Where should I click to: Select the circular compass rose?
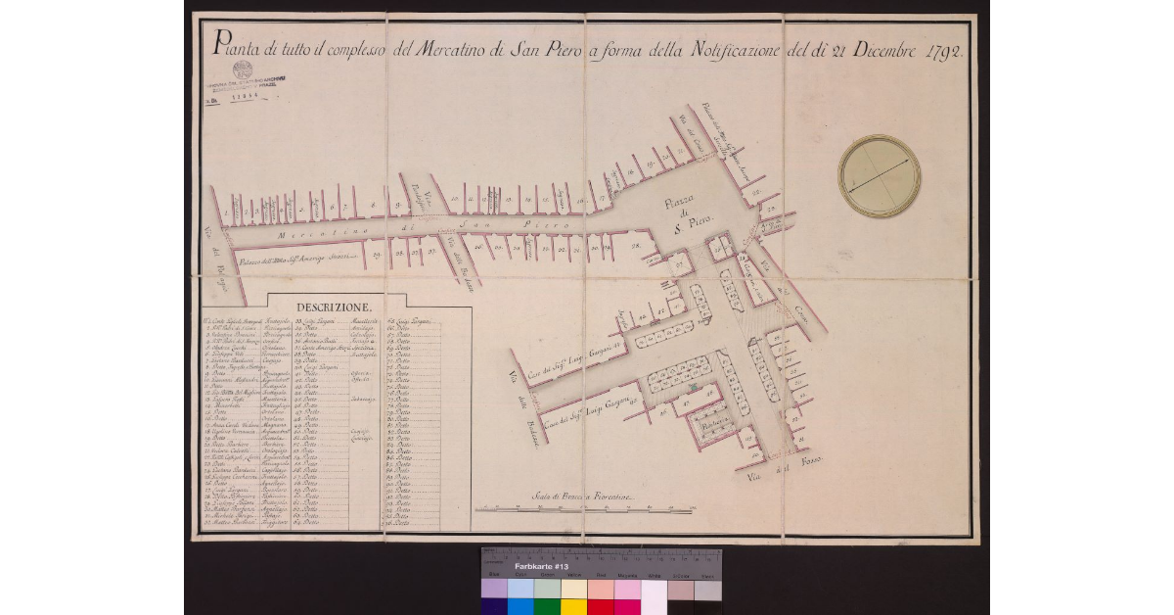click(x=879, y=176)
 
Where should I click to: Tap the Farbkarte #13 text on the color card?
click(x=540, y=567)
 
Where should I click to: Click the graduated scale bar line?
click(x=583, y=509)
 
